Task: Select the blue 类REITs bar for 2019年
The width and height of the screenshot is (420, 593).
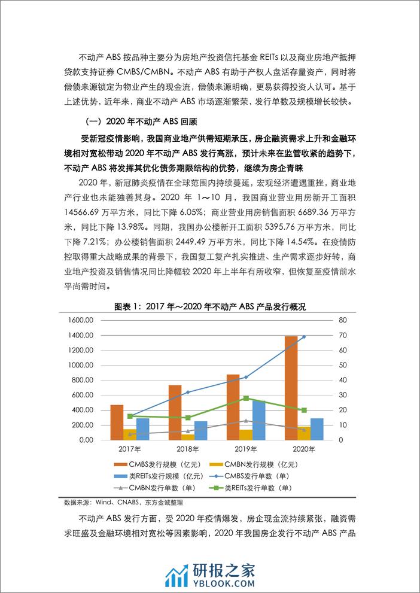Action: coord(258,420)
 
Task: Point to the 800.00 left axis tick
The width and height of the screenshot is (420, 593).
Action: coord(81,380)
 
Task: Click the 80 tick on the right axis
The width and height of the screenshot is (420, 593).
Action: coord(342,320)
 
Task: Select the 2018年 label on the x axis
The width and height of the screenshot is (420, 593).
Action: coord(188,449)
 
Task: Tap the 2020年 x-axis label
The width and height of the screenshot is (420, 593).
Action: coord(304,449)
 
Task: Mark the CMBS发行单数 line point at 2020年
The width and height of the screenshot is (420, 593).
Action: coord(304,337)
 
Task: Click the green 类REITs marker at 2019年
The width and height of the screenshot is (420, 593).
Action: coord(246,398)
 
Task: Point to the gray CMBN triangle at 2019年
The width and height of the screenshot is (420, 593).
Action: coord(246,421)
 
